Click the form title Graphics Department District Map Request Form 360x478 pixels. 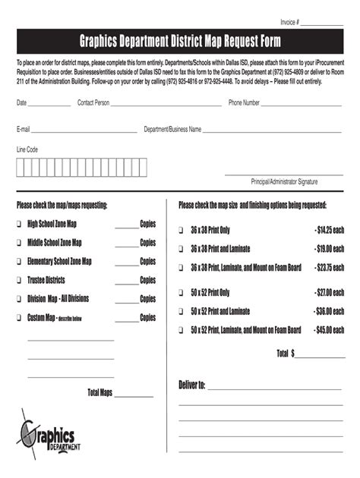click(180, 41)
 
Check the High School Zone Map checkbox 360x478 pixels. click(19, 225)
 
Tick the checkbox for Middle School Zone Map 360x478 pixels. click(19, 243)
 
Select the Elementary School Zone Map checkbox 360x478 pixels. click(19, 262)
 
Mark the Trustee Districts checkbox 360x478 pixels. click(19, 281)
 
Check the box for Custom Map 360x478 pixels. click(19, 318)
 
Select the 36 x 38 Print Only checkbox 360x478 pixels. click(182, 230)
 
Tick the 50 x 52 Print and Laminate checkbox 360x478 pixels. click(182, 311)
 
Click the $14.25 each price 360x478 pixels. click(329, 230)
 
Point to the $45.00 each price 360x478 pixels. click(329, 330)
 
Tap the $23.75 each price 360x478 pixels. click(329, 268)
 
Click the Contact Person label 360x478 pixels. click(93, 102)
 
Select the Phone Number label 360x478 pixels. click(245, 102)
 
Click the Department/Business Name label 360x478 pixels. click(172, 130)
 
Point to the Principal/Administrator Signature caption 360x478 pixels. click(284, 182)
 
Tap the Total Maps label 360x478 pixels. click(100, 392)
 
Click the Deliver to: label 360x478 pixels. click(191, 385)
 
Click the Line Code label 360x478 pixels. click(27, 150)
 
